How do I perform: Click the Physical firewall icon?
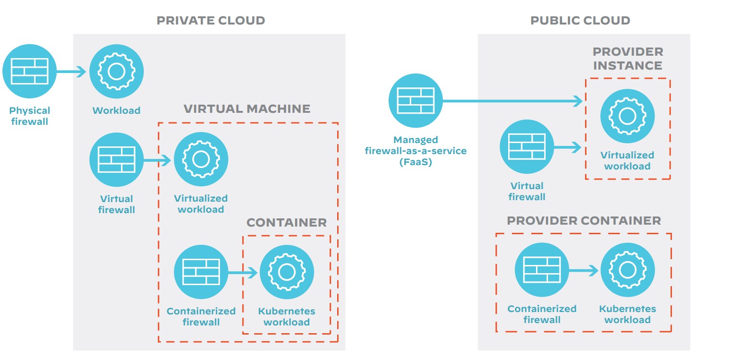tap(29, 72)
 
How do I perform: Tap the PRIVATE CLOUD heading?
tap(211, 21)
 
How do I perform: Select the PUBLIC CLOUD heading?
tap(580, 21)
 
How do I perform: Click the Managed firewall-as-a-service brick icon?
tap(415, 100)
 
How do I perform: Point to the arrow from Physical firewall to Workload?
tap(71, 72)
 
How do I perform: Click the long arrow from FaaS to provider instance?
tap(512, 101)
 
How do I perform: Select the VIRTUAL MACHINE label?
tap(247, 109)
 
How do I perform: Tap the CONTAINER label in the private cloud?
tap(286, 223)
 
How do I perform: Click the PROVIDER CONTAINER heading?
tap(584, 221)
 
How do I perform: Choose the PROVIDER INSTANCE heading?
tap(628, 59)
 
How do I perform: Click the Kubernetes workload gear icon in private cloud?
tap(287, 272)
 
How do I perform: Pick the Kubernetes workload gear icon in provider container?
tap(627, 270)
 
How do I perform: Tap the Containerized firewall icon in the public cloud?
tap(542, 270)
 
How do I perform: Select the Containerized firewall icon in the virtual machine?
tap(201, 272)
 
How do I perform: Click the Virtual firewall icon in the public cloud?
tap(527, 146)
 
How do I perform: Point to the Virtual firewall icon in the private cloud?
tap(116, 159)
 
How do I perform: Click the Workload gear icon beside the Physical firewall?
tap(116, 72)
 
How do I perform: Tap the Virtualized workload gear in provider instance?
tap(627, 116)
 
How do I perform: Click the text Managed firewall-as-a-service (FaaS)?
tap(415, 151)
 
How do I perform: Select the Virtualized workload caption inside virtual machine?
tap(201, 204)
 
